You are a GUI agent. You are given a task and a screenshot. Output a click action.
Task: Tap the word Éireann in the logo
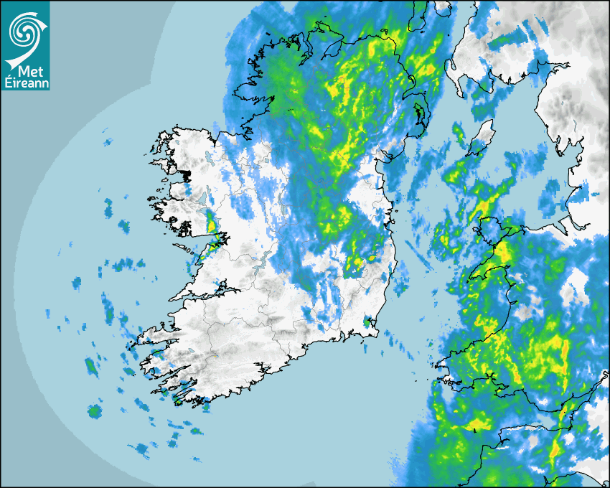point(27,82)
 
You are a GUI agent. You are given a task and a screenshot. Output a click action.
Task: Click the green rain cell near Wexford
point(367,322)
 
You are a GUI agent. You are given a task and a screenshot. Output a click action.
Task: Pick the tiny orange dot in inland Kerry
point(214,356)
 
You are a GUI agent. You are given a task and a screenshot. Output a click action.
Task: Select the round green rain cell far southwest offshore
point(94,411)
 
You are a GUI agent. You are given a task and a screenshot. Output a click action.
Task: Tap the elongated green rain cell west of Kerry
point(90,367)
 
